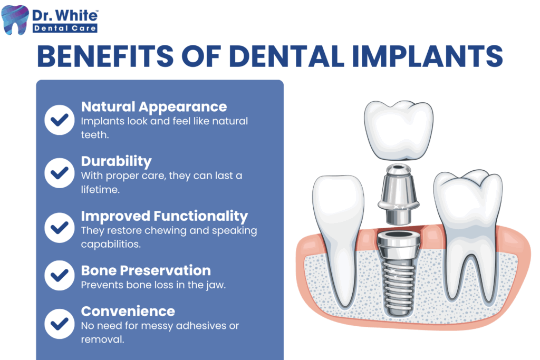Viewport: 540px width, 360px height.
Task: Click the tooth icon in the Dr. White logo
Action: point(14,20)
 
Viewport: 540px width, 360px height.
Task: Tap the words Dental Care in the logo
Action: point(65,28)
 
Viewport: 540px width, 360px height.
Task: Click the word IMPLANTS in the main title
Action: point(427,56)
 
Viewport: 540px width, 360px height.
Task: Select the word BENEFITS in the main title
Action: point(105,56)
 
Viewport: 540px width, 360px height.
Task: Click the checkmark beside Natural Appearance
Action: point(59,120)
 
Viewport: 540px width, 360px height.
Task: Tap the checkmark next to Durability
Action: point(59,173)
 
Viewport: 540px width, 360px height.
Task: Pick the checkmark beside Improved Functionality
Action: point(59,228)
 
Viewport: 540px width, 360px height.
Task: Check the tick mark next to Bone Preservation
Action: point(59,275)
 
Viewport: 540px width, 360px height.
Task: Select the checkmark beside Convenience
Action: point(59,324)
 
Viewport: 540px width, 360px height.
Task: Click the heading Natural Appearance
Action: point(154,107)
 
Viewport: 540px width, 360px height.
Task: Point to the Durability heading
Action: point(117,161)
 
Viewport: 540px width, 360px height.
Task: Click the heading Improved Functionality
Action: point(165,216)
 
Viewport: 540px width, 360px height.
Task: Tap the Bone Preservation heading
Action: point(146,270)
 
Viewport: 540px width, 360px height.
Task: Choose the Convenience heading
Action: point(128,312)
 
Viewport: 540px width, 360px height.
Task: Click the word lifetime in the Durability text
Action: point(100,189)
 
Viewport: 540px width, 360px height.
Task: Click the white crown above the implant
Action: point(399,131)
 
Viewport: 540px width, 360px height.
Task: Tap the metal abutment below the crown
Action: point(399,194)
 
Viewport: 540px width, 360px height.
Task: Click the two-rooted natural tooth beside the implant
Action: point(468,238)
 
